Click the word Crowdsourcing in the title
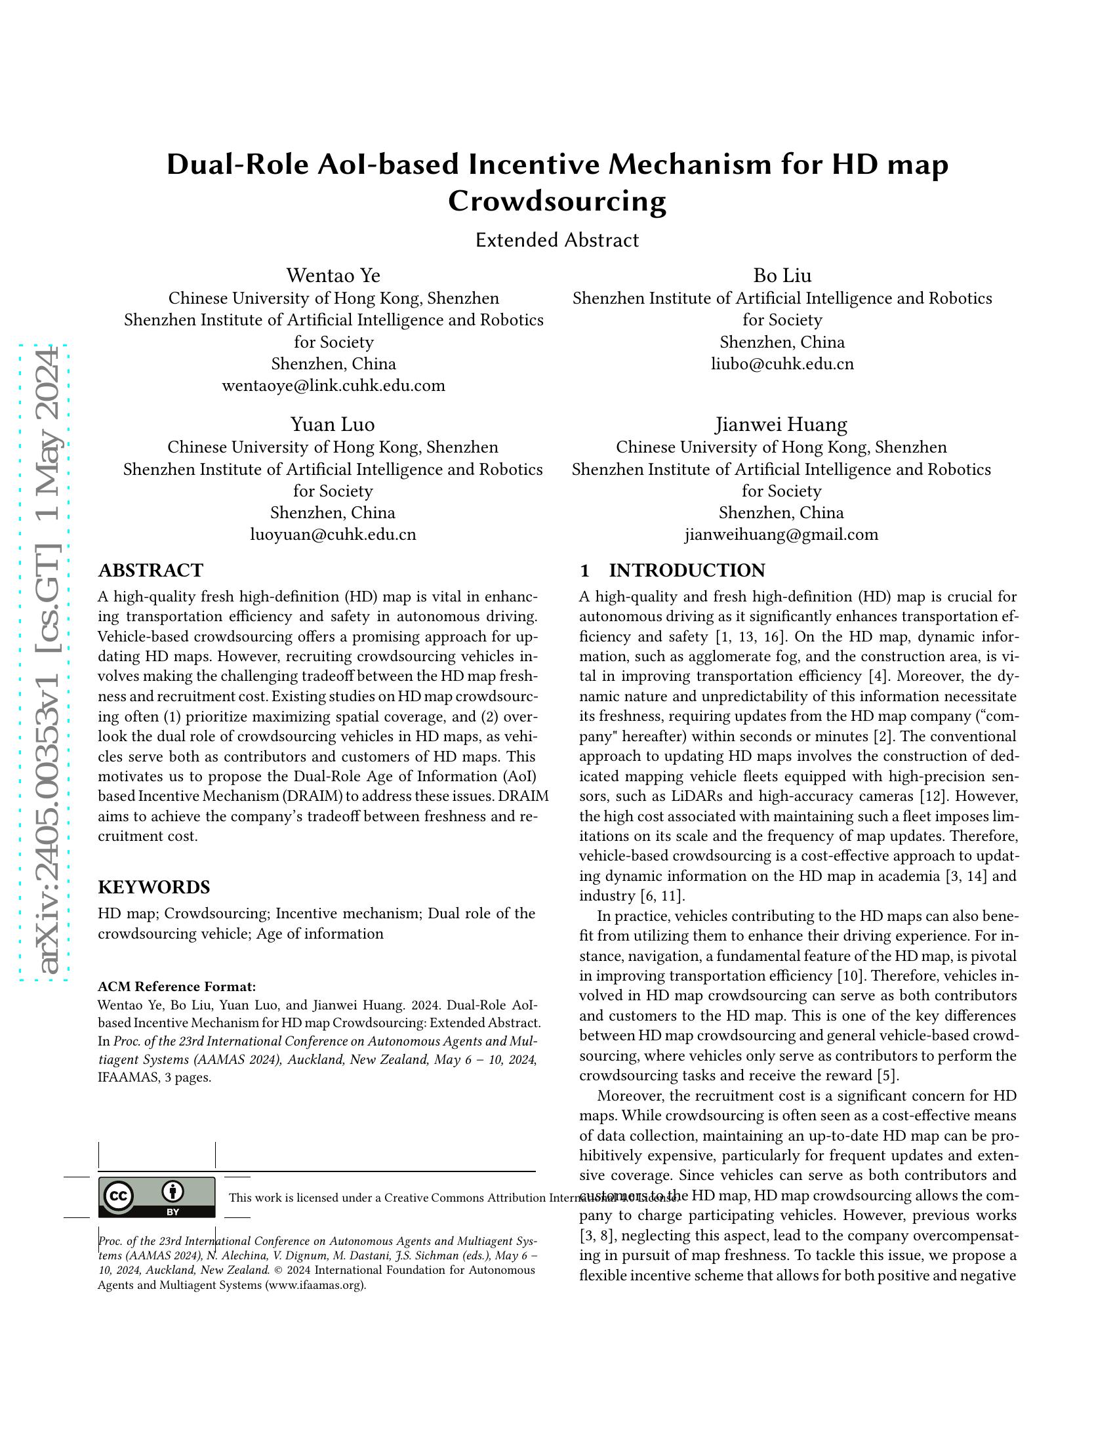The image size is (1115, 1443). [x=557, y=201]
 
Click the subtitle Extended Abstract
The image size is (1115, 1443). [x=557, y=240]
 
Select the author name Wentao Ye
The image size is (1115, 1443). [x=333, y=275]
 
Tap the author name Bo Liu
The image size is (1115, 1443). [x=782, y=275]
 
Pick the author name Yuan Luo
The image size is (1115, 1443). [x=333, y=424]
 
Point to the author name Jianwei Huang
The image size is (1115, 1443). [x=780, y=424]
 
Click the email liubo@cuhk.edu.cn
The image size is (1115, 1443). [x=782, y=364]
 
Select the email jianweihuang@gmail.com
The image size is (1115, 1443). [x=780, y=535]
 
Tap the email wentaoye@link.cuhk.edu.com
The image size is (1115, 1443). [x=333, y=386]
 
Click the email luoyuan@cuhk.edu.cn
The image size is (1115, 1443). [x=333, y=535]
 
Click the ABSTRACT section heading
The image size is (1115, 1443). [x=151, y=570]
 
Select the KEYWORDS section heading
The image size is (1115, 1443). [x=154, y=887]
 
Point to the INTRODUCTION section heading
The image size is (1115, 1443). [x=686, y=570]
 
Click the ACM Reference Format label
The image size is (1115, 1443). [x=176, y=987]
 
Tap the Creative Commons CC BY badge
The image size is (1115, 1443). [x=157, y=1197]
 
